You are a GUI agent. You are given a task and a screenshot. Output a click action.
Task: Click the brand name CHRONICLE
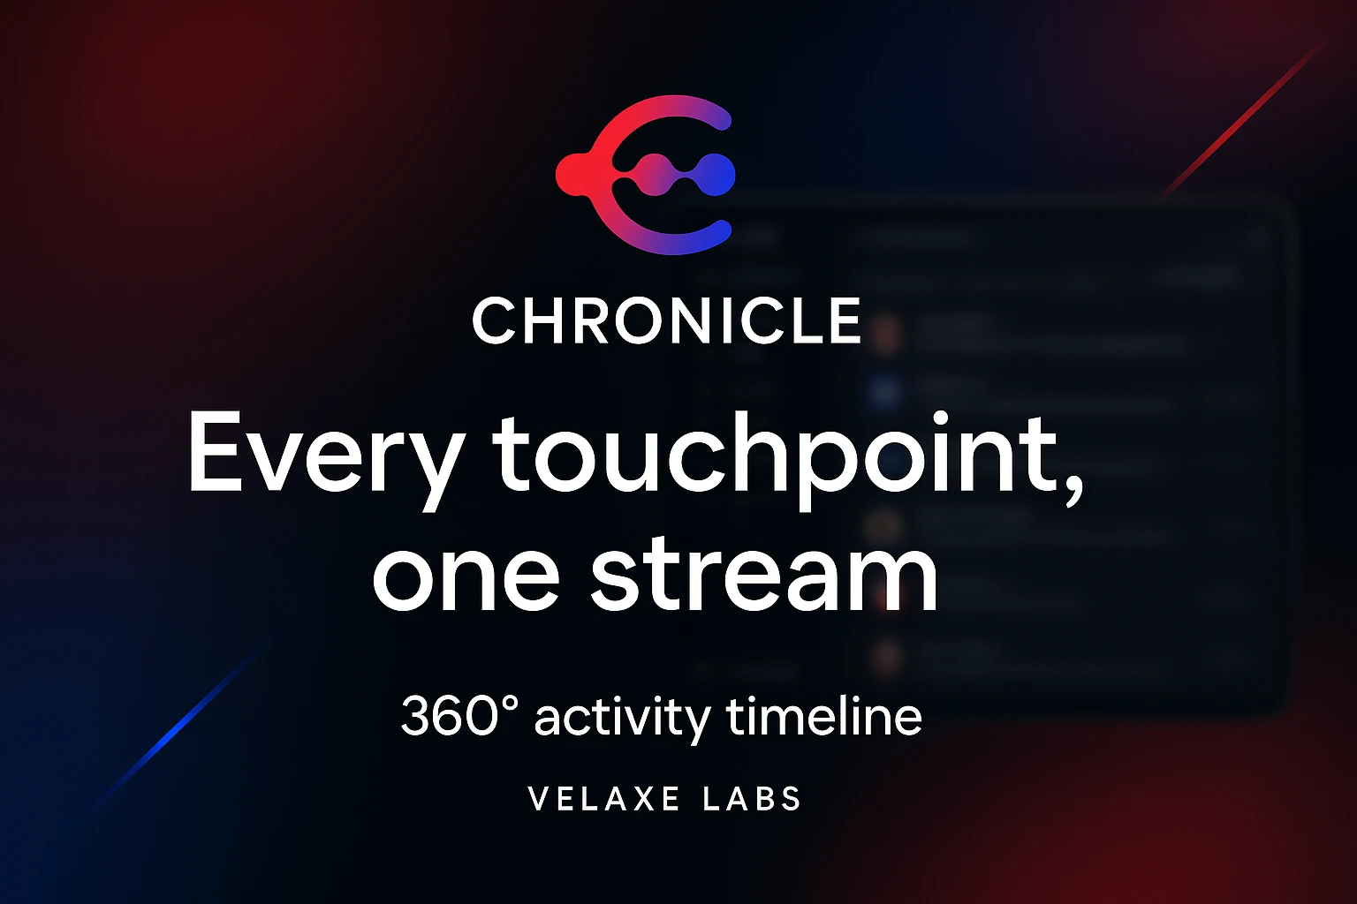[x=667, y=320]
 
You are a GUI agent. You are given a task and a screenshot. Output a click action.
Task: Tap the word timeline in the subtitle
[x=824, y=716]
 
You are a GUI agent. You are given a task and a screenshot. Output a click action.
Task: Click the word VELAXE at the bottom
[x=604, y=800]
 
